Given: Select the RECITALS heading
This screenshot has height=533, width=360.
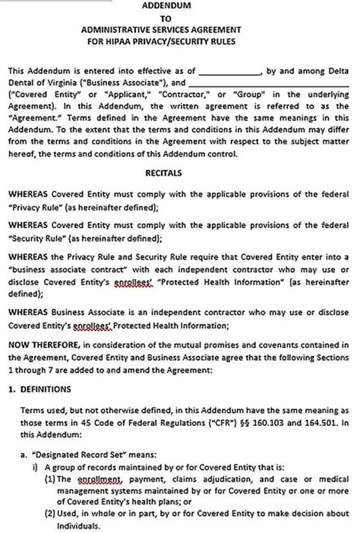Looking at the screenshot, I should click(178, 172).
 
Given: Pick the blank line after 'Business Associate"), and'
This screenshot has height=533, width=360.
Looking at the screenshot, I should click(270, 82).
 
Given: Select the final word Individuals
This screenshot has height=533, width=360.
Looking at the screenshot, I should click(78, 525).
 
